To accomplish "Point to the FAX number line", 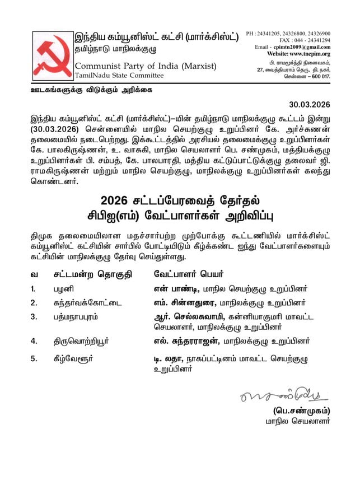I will pos(305,40).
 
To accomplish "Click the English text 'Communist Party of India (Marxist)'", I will pos(146,66).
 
